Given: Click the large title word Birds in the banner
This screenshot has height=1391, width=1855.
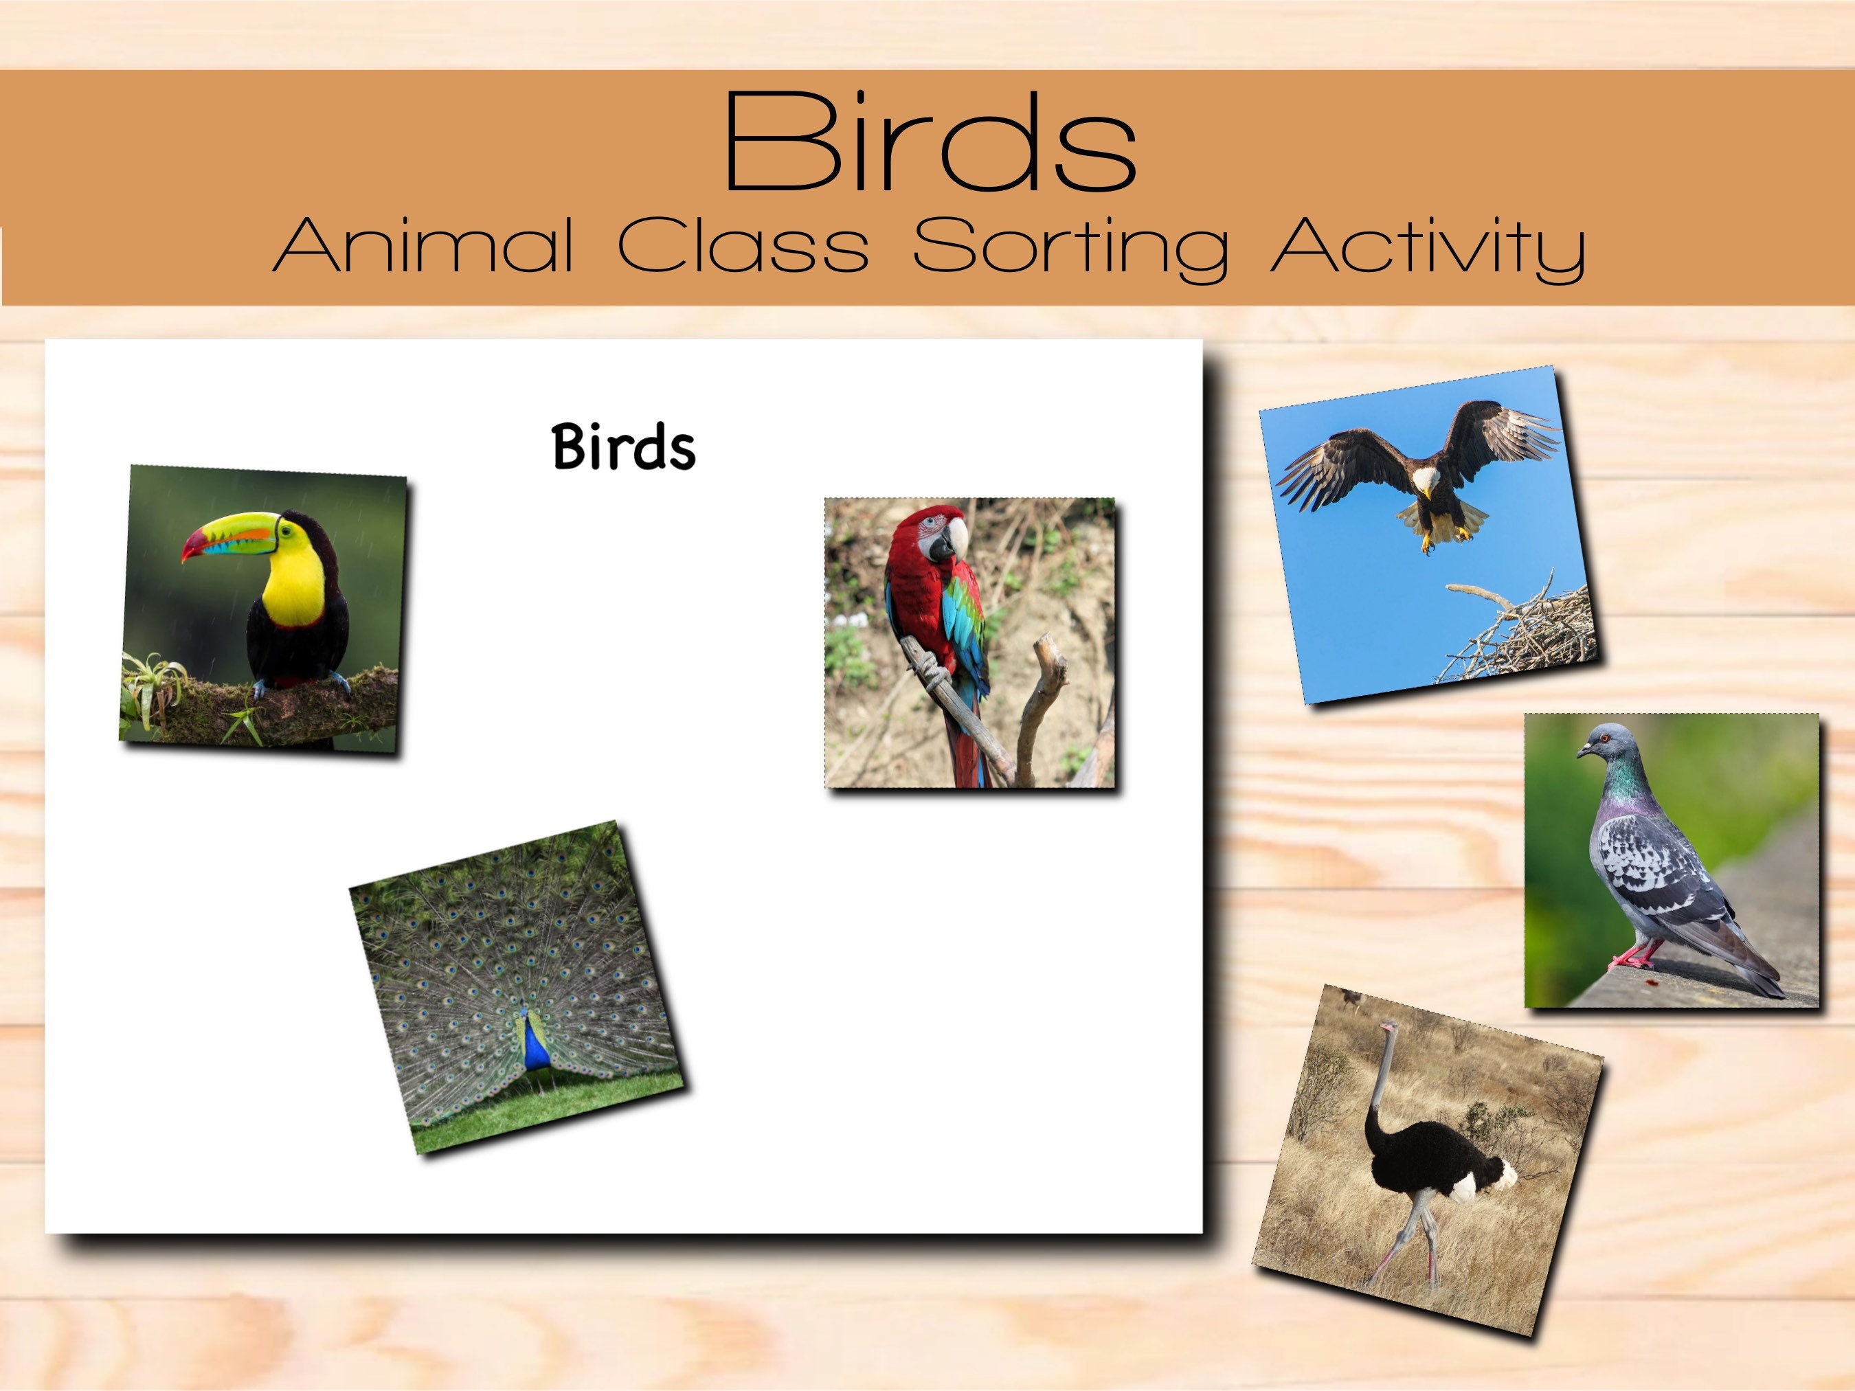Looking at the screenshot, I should [x=929, y=143].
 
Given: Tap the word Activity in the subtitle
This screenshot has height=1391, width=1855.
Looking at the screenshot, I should [x=1426, y=248].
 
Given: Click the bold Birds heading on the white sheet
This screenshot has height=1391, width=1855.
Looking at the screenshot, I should [x=624, y=447].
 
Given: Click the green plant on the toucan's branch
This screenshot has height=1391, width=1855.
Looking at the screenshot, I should [x=155, y=688].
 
